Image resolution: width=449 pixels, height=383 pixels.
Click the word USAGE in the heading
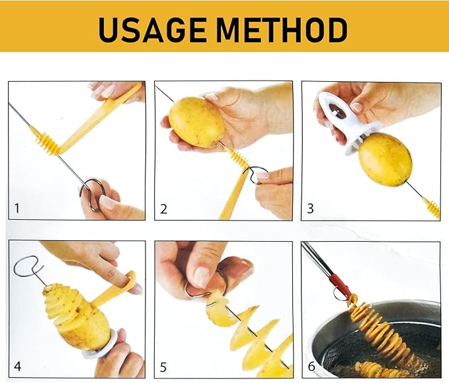[152, 30]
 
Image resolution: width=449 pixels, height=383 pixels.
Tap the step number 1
[17, 208]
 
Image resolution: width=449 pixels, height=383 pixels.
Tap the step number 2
[163, 209]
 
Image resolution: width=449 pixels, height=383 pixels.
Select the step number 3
[310, 209]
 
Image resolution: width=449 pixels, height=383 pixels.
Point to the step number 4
[17, 366]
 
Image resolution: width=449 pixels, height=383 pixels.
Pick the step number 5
[163, 367]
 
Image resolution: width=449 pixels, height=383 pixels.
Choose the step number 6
[311, 366]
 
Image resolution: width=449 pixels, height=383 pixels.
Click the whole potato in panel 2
[197, 122]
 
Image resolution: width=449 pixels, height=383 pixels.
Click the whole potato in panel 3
[386, 160]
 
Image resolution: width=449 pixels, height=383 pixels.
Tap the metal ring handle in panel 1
[92, 195]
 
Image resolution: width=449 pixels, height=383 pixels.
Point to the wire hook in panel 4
[28, 267]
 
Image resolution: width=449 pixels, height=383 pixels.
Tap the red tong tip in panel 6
[345, 285]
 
